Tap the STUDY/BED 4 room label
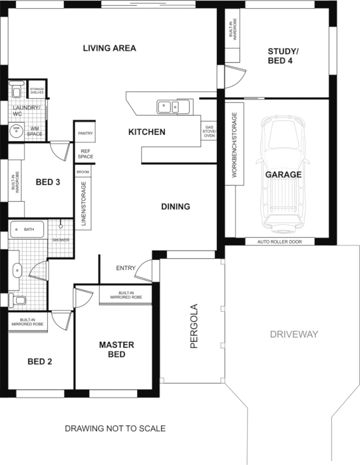(280, 55)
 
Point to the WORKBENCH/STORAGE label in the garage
(234, 146)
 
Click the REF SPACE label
(86, 153)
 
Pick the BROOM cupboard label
(82, 173)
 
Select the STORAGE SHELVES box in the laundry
(37, 91)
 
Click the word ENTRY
(126, 268)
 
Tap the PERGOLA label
(194, 326)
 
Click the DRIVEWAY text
(295, 334)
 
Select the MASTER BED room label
(116, 349)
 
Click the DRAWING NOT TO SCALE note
(115, 428)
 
